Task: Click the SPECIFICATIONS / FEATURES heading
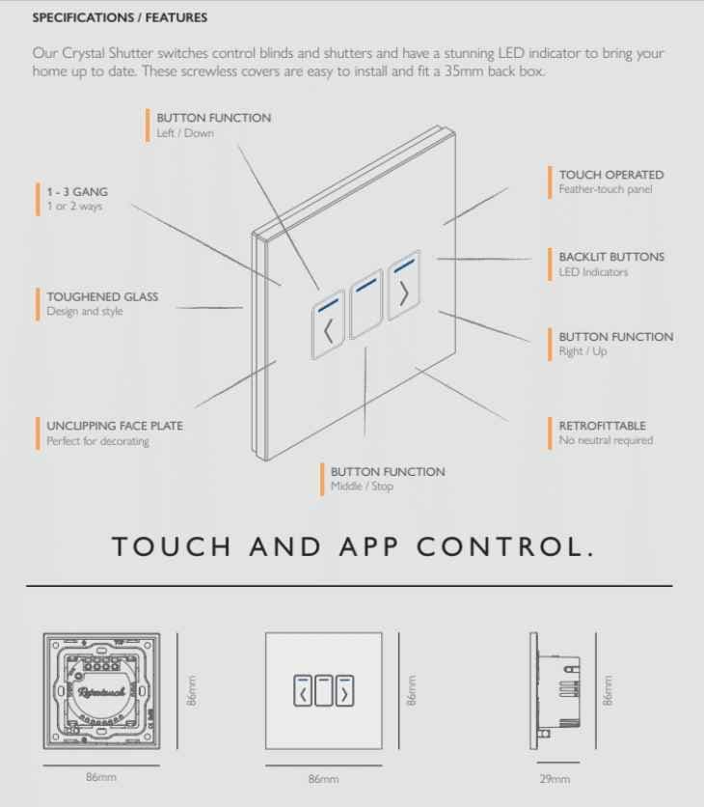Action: pos(120,17)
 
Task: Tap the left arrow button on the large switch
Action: pos(329,328)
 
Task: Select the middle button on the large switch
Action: pos(366,309)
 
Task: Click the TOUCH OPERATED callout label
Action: pos(610,175)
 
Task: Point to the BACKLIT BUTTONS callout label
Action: pos(610,257)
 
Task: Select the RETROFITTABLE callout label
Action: pos(602,425)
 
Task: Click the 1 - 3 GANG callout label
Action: pos(80,192)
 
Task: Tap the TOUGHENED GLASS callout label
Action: pos(101,296)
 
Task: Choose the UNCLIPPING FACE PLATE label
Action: pos(114,425)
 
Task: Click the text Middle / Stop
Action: pos(362,487)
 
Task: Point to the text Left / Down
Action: pos(185,133)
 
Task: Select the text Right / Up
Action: pos(582,351)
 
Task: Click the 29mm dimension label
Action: pos(555,779)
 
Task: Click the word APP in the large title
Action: pos(367,547)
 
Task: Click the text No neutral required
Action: pos(606,440)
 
